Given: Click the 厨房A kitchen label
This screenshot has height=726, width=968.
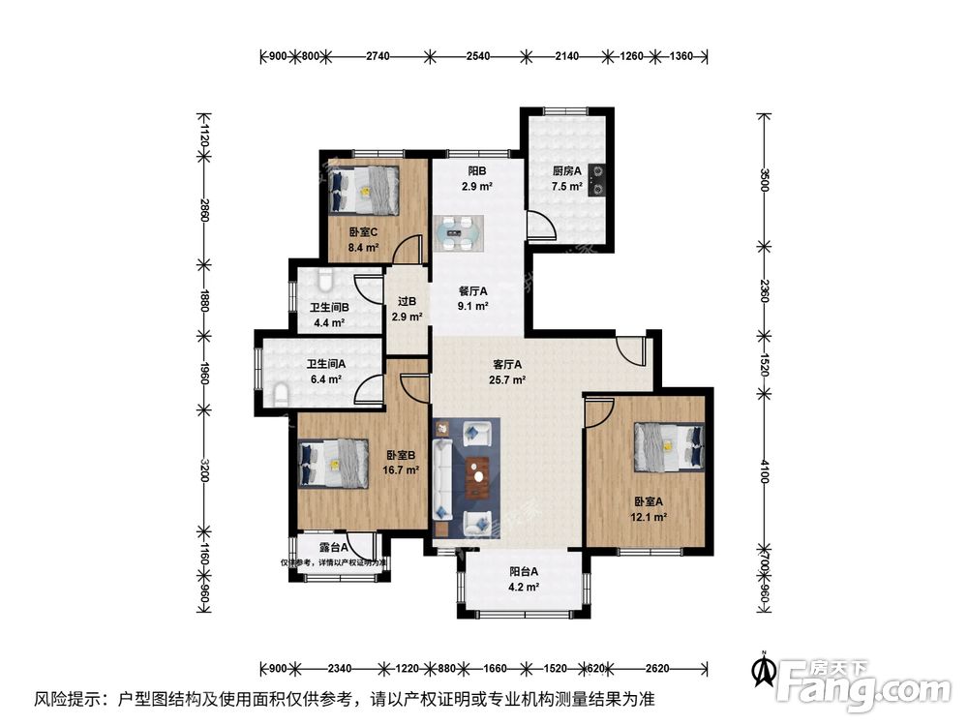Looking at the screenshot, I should (x=566, y=171).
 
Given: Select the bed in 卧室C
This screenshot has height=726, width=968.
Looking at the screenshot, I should (x=365, y=189).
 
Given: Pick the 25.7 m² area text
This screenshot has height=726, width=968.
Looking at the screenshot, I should (x=507, y=380).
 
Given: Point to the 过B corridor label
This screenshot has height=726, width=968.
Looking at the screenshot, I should (x=406, y=301).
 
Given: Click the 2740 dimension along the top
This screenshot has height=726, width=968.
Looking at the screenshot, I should (x=378, y=57).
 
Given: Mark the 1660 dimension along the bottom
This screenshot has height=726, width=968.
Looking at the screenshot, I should (x=494, y=668).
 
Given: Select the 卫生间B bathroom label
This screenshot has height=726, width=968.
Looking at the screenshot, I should (x=329, y=308).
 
